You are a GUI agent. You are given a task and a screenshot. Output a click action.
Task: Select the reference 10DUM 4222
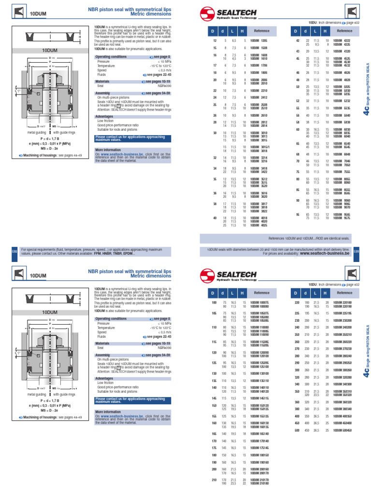pos(343,41)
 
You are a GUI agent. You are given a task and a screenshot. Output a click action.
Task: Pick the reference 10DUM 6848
pos(343,154)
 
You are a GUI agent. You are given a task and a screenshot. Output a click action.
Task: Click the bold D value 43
pos(298,51)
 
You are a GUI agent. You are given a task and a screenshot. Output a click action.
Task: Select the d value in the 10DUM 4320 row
pos(308,51)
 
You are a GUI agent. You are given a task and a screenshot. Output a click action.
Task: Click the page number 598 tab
pos(14,251)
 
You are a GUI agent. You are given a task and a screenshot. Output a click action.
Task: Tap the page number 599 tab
pos(356,251)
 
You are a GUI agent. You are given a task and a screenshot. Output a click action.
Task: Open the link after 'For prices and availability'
pos(325,253)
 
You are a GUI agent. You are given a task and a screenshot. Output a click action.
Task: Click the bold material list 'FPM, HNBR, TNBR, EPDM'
pos(115,253)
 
